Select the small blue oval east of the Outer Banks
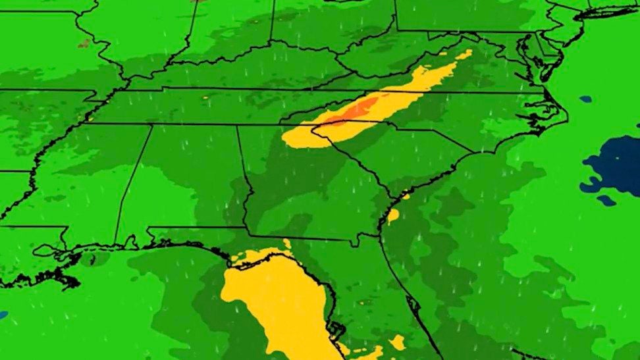[585, 99]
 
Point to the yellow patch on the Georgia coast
[393, 214]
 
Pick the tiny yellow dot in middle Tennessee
[205, 97]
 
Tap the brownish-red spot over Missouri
[84, 43]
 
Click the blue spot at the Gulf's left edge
[3, 315]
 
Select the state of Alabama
[191, 178]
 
